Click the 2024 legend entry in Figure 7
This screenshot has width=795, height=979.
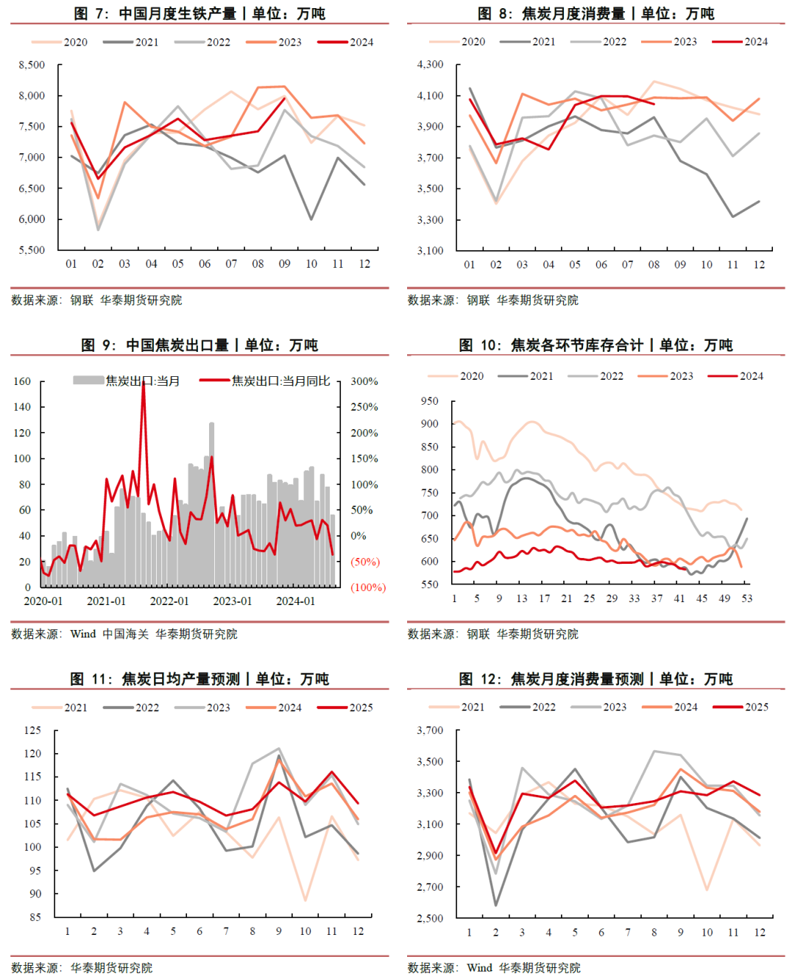pyautogui.click(x=361, y=42)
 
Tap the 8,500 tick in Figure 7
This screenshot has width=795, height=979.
pyautogui.click(x=32, y=65)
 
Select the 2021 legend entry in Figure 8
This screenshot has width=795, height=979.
pyautogui.click(x=543, y=41)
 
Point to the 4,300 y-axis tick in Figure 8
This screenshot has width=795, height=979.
pyautogui.click(x=430, y=64)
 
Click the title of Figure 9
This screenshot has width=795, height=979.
pyautogui.click(x=199, y=344)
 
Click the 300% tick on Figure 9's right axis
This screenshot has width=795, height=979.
pyautogui.click(x=364, y=381)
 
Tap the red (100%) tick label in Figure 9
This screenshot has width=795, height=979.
pyautogui.click(x=368, y=587)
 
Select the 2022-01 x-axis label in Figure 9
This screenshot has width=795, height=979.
pyautogui.click(x=169, y=601)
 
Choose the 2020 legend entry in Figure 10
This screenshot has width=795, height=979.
pyautogui.click(x=471, y=376)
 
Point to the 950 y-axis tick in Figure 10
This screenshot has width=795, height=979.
pyautogui.click(x=429, y=401)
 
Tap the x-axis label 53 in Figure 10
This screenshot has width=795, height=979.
pyautogui.click(x=747, y=598)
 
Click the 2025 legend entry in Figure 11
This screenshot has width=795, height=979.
pyautogui.click(x=361, y=707)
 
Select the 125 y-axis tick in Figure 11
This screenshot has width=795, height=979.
pyautogui.click(x=32, y=730)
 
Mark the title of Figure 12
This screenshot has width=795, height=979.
pyautogui.click(x=596, y=679)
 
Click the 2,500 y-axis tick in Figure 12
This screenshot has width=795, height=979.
pyautogui.click(x=430, y=918)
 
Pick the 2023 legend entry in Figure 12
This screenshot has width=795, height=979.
pyautogui.click(x=615, y=707)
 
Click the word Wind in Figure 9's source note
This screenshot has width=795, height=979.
pyautogui.click(x=83, y=634)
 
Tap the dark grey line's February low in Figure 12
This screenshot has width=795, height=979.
pyautogui.click(x=496, y=905)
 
